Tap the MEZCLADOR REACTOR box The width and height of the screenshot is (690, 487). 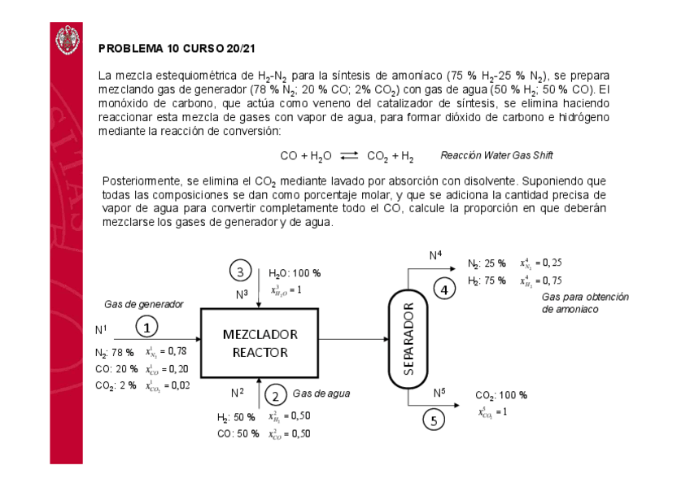[x=260, y=343]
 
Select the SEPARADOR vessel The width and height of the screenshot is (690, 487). [x=409, y=338]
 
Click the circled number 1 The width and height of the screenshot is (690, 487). [x=146, y=327]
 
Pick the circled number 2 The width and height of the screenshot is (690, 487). [x=276, y=395]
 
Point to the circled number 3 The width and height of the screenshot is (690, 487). [x=241, y=271]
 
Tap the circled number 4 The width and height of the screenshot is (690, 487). [x=443, y=289]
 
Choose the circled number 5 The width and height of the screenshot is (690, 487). [x=434, y=420]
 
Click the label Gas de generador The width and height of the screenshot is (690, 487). [x=143, y=304]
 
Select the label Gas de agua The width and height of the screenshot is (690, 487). [x=321, y=394]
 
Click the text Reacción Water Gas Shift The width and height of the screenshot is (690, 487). [x=496, y=155]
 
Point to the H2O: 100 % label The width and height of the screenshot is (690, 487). [x=295, y=273]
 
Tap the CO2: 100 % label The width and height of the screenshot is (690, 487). [x=501, y=395]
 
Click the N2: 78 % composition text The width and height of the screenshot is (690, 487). [x=114, y=352]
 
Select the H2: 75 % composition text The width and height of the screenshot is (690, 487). [x=486, y=280]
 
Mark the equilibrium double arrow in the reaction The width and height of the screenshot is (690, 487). [x=349, y=156]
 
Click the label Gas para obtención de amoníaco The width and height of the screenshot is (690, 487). [x=584, y=303]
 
